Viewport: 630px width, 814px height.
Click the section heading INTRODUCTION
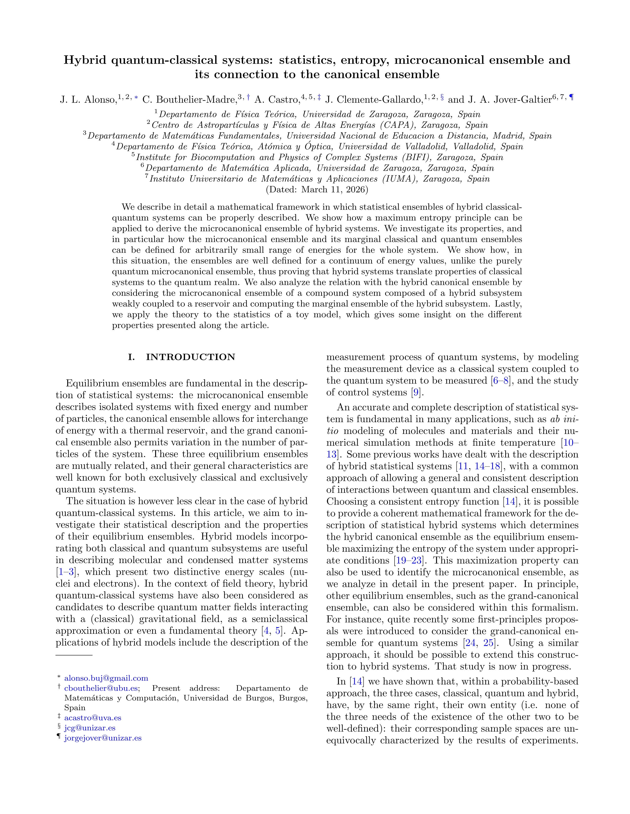tap(190, 357)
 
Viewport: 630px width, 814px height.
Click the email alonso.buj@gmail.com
tap(106, 678)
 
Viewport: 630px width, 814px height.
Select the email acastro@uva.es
tap(93, 718)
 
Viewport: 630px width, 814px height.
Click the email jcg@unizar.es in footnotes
tap(90, 728)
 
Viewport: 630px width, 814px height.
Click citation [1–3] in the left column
tap(66, 572)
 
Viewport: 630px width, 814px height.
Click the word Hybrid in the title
tap(85, 60)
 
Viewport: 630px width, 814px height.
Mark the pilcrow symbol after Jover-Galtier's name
tap(571, 98)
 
